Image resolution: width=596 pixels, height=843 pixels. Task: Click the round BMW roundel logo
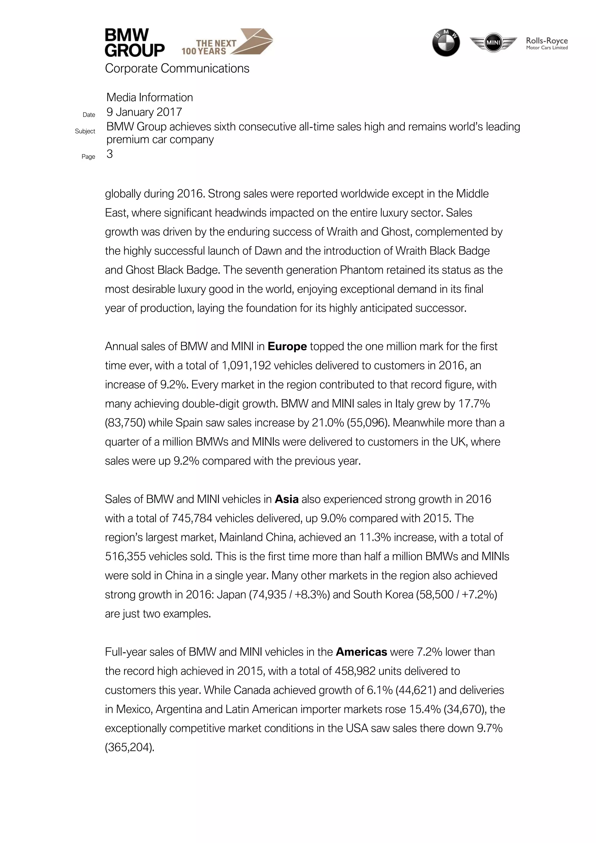click(x=446, y=42)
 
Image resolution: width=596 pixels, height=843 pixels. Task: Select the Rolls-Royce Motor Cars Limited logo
click(x=547, y=43)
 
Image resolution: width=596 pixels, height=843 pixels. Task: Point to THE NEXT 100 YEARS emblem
click(x=227, y=42)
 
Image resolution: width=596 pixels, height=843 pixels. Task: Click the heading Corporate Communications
click(x=177, y=69)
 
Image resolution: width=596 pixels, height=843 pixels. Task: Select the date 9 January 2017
click(x=144, y=112)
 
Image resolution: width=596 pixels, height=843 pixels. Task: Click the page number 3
click(x=109, y=154)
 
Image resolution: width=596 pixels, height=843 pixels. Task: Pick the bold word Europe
click(x=287, y=347)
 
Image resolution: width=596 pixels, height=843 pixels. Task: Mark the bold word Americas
click(x=361, y=652)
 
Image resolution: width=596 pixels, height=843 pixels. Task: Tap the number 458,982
click(x=355, y=671)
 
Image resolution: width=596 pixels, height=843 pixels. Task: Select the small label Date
click(x=89, y=115)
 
